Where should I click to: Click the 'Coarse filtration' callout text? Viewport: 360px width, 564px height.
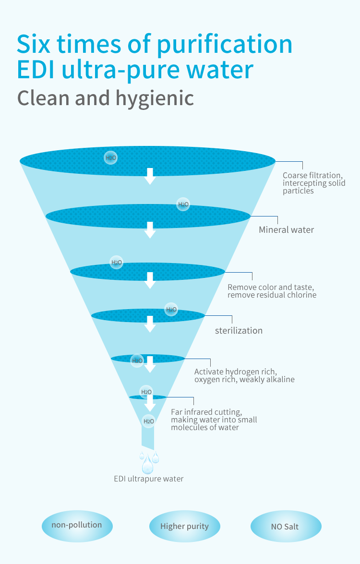pyautogui.click(x=314, y=183)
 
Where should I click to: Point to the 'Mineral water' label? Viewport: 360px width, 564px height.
pyautogui.click(x=286, y=230)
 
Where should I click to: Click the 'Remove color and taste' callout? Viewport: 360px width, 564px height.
pyautogui.click(x=272, y=291)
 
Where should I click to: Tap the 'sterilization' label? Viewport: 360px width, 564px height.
pyautogui.click(x=239, y=331)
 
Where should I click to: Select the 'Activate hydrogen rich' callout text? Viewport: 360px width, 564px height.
pyautogui.click(x=244, y=375)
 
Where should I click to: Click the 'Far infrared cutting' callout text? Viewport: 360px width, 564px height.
pyautogui.click(x=214, y=420)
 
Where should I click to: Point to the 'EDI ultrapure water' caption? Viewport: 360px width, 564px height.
pyautogui.click(x=148, y=479)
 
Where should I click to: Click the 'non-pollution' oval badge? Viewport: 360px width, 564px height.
pyautogui.click(x=77, y=526)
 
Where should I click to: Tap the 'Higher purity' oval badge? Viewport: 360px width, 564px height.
pyautogui.click(x=184, y=526)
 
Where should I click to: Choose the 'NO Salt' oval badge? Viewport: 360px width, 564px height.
pyautogui.click(x=286, y=527)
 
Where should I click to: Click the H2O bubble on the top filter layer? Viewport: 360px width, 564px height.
pyautogui.click(x=111, y=157)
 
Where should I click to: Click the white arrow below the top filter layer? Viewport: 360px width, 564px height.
pyautogui.click(x=150, y=176)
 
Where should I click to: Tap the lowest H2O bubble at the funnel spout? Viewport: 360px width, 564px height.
pyautogui.click(x=148, y=421)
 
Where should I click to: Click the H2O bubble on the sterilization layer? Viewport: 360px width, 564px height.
pyautogui.click(x=171, y=309)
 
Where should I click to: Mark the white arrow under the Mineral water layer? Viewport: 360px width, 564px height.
pyautogui.click(x=150, y=230)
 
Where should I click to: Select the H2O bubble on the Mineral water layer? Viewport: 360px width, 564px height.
pyautogui.click(x=183, y=204)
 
